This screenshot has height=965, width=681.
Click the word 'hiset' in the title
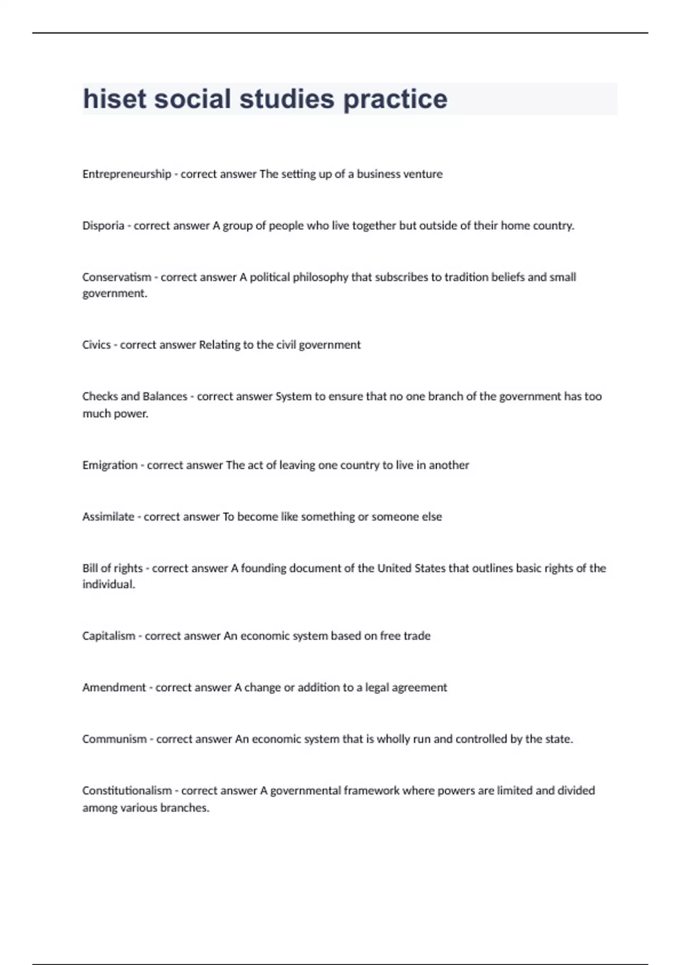[115, 99]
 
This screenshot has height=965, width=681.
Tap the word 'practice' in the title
[395, 99]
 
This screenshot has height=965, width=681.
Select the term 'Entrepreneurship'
[127, 174]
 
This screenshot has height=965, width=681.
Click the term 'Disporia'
[103, 226]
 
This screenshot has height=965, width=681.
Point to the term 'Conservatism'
[117, 278]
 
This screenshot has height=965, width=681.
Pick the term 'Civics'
[96, 345]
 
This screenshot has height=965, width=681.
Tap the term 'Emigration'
[110, 465]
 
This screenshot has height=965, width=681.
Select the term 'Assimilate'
[108, 517]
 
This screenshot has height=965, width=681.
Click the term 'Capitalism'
[109, 636]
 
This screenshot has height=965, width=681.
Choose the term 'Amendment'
[114, 688]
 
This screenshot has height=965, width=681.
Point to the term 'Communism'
[115, 740]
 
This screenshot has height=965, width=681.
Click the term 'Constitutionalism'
[127, 791]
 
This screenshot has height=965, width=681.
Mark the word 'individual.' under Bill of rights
[109, 585]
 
